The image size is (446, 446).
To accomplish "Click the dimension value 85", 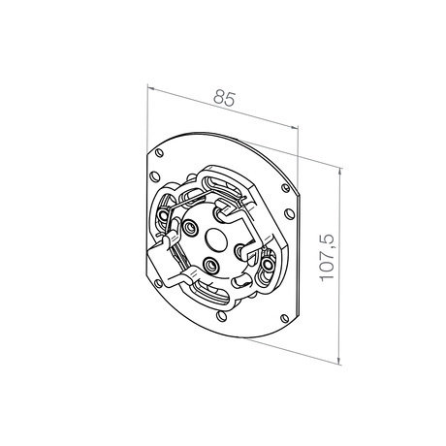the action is [224, 98].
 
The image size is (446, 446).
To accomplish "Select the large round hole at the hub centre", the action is [216, 239].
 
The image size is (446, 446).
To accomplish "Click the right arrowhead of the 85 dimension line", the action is [294, 127].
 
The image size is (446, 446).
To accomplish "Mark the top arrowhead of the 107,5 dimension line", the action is [339, 173].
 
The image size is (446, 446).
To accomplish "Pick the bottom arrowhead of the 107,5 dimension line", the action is [338, 360].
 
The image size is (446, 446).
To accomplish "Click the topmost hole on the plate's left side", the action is [159, 152].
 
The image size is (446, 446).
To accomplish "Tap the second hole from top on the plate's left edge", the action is [155, 176].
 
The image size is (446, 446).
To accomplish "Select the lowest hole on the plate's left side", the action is [158, 283].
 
